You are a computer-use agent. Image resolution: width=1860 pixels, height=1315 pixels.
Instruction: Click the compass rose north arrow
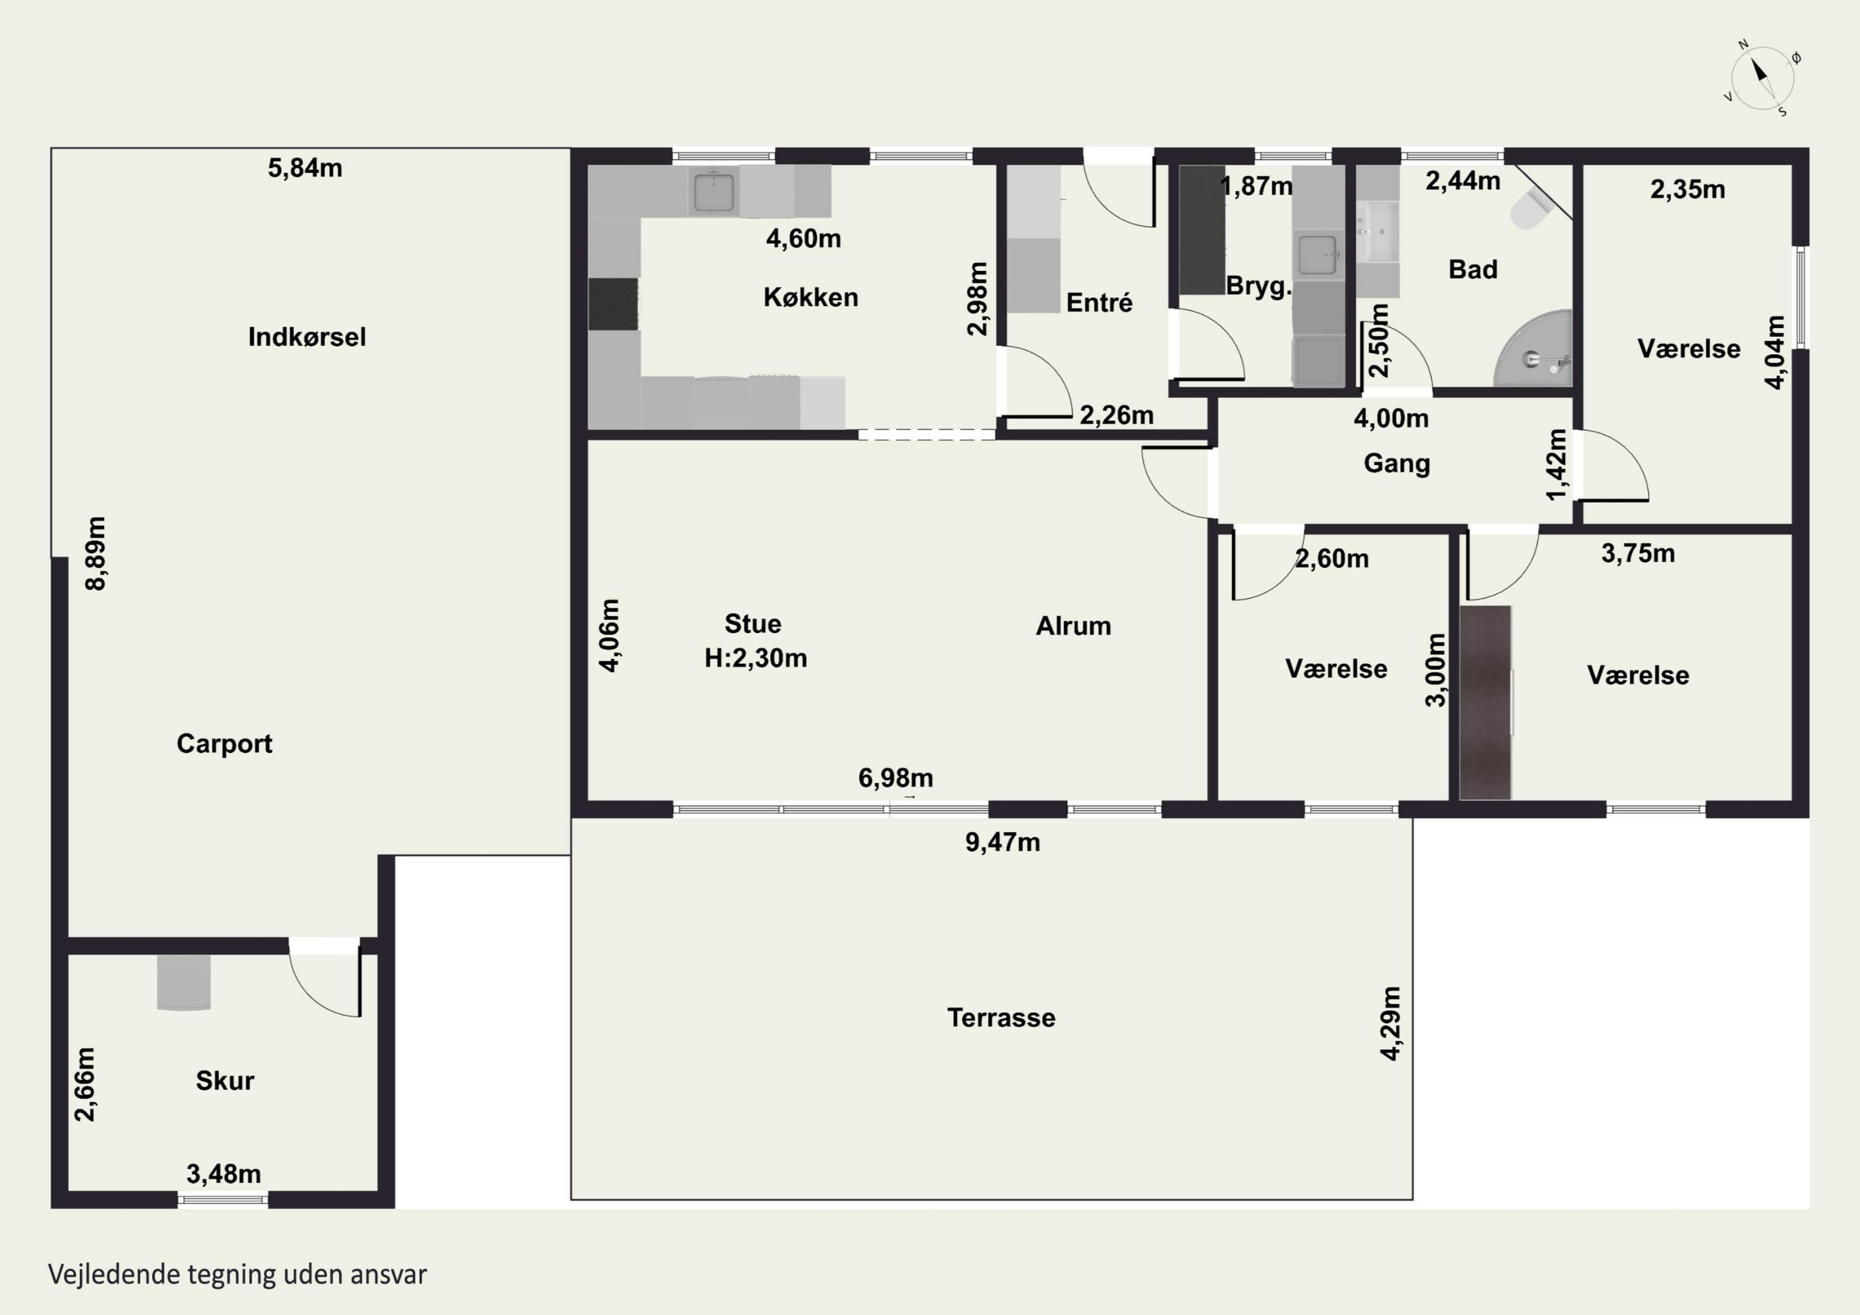[x=1762, y=79]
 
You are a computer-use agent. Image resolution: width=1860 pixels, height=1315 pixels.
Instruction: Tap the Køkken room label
[x=810, y=298]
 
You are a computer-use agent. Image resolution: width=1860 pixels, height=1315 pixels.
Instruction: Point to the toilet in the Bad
[x=1529, y=209]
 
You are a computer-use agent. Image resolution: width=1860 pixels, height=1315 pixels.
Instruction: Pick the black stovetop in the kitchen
[x=613, y=304]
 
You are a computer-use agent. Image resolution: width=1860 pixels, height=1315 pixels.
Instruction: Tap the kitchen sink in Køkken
[x=714, y=191]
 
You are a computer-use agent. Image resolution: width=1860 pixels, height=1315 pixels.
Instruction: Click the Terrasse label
[x=1001, y=1017]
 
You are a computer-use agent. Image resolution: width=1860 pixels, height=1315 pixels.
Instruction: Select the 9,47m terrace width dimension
[x=1002, y=843]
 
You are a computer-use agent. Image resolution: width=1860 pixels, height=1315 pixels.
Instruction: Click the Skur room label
[x=224, y=1081]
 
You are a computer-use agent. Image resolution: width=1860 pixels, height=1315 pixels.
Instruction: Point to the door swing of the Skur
[x=325, y=984]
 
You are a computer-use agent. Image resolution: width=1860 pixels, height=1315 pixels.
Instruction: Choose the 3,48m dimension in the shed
[x=224, y=1174]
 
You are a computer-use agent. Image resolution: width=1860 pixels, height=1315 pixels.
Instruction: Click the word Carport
[x=224, y=744]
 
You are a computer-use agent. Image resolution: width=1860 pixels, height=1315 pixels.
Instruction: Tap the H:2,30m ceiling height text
[x=756, y=658]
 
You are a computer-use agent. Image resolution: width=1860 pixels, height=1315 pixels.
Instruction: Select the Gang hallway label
[x=1397, y=464]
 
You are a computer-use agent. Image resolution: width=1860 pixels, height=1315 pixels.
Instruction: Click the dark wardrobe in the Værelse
[x=1486, y=702]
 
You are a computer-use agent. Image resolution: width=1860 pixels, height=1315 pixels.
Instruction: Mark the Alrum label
[x=1073, y=626]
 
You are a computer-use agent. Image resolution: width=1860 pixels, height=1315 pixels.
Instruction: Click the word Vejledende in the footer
[x=114, y=1275]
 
